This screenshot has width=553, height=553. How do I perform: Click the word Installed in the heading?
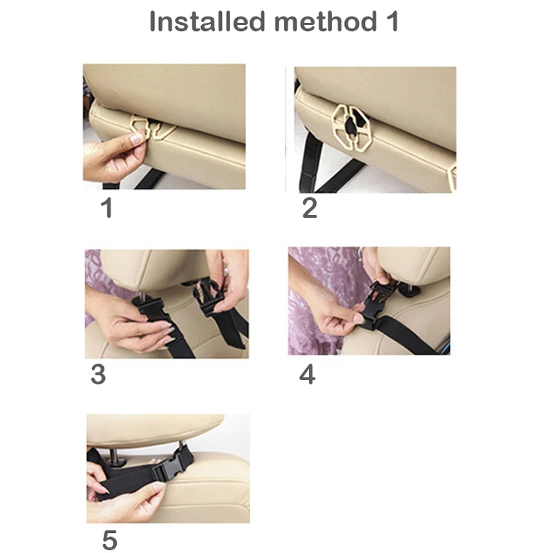[x=207, y=21]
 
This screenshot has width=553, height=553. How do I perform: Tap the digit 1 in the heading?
[x=392, y=21]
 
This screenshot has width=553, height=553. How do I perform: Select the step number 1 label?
[x=107, y=208]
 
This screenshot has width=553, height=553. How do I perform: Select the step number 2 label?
[x=310, y=208]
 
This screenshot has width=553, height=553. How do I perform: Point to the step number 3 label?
[x=98, y=374]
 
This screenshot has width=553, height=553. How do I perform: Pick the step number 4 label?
[x=307, y=374]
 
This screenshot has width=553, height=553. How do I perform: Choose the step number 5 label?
[x=110, y=540]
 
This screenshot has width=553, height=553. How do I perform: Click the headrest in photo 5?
[x=155, y=429]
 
